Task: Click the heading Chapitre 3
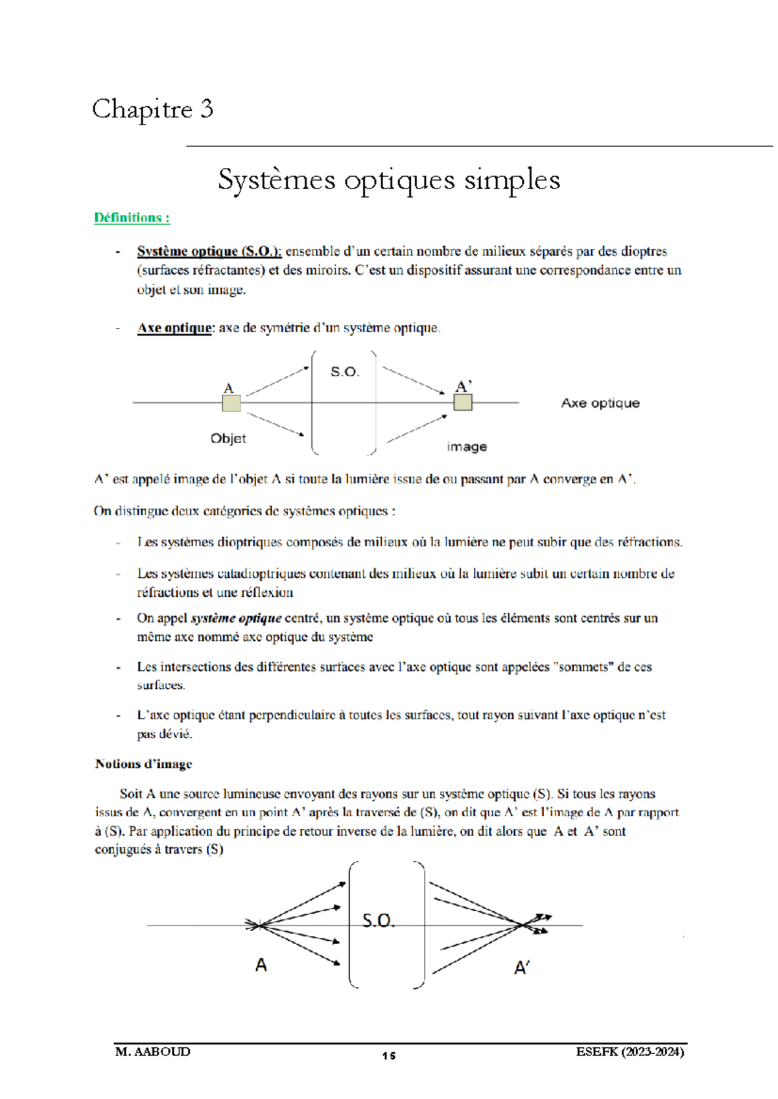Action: tap(152, 110)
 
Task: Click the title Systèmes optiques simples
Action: tap(389, 180)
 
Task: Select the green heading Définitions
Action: tap(132, 218)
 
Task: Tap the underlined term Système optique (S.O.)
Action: tap(209, 251)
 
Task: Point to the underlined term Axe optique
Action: tap(174, 328)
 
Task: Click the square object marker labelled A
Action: tap(231, 403)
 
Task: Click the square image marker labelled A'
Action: tap(463, 402)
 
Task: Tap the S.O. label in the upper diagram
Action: tap(344, 372)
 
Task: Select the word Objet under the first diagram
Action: tap(228, 439)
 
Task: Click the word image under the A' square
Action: tap(467, 447)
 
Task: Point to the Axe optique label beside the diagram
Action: tap(600, 403)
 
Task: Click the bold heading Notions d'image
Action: tap(143, 764)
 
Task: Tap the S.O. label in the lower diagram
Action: tap(378, 921)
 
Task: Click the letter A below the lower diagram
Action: tap(261, 966)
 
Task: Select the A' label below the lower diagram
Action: tap(522, 968)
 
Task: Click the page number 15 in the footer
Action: tap(388, 1056)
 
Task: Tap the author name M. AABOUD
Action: tap(153, 1052)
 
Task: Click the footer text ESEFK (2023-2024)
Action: tap(630, 1052)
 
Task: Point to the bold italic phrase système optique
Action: tap(236, 618)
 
